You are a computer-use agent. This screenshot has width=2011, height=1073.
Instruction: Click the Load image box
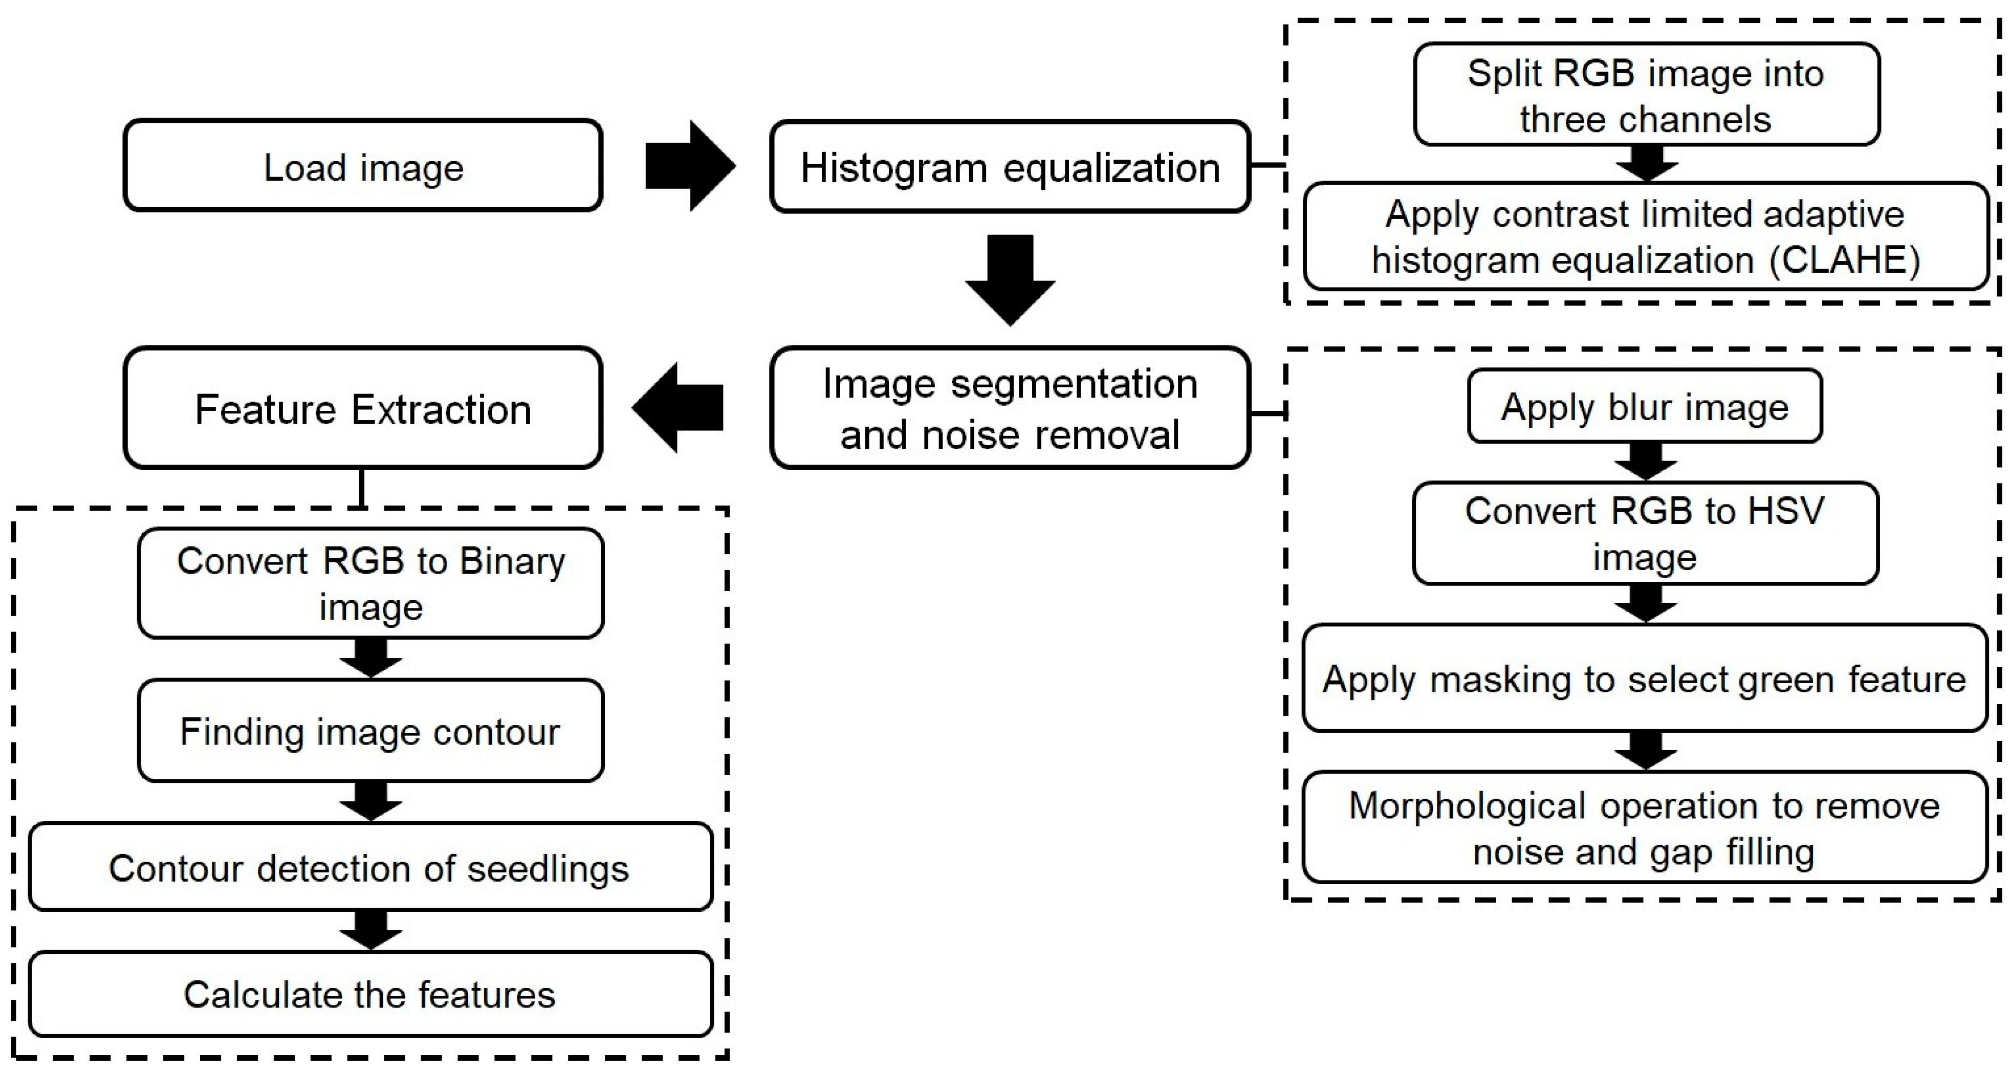(363, 165)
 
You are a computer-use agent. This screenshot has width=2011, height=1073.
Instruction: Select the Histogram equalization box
(1010, 167)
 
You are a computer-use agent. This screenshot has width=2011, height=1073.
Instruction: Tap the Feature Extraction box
(363, 408)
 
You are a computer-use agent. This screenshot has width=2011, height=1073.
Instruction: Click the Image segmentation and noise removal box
(1010, 408)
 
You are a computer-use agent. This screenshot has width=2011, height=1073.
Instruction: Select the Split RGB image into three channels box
(1646, 95)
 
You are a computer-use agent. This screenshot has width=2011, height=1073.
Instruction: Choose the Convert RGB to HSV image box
(1645, 534)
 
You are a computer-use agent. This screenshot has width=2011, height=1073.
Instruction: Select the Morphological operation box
(1644, 828)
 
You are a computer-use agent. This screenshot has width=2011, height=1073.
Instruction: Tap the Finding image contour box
(371, 731)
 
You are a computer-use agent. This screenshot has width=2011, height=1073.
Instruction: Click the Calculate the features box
(371, 995)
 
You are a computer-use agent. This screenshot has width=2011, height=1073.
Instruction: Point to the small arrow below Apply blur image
(1646, 461)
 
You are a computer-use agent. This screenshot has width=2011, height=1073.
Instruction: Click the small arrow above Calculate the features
(371, 929)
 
